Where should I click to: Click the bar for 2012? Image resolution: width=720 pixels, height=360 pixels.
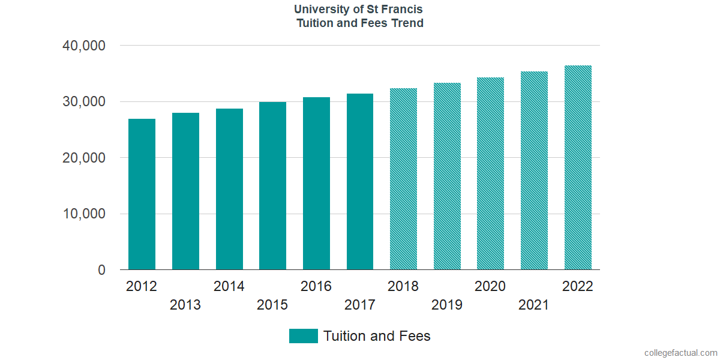[x=142, y=194]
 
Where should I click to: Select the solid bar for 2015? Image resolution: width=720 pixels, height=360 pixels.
[x=272, y=186]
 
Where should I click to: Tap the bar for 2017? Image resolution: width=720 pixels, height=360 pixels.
[x=360, y=182]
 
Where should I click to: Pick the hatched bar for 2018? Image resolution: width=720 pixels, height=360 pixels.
[x=403, y=179]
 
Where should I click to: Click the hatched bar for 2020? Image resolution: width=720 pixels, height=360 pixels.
[x=490, y=173]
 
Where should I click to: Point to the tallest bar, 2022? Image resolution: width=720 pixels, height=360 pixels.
[x=578, y=167]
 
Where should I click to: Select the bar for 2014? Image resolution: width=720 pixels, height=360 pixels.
[x=229, y=189]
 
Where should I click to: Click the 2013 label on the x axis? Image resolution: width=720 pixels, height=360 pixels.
[x=185, y=305]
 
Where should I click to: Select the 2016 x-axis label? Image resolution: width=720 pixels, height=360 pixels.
[x=316, y=286]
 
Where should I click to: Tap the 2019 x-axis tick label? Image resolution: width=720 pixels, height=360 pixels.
[x=447, y=305]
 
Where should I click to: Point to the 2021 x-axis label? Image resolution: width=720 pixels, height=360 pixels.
[x=534, y=305]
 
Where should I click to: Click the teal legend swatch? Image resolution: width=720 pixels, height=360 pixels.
[x=303, y=336]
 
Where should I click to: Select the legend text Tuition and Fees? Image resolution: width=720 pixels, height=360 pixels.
[x=377, y=336]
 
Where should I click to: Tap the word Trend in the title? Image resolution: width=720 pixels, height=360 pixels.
[x=408, y=23]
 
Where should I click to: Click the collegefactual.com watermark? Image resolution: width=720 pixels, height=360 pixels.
[x=680, y=353]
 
